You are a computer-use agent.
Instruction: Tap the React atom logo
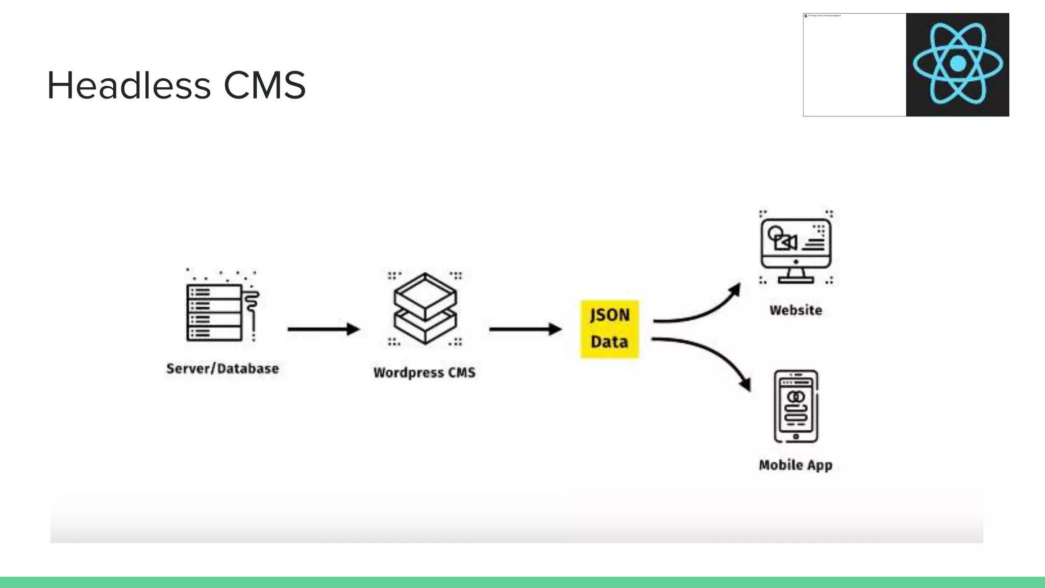coord(957,64)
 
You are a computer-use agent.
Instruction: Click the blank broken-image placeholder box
coord(854,65)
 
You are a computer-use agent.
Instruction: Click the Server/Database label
coord(222,369)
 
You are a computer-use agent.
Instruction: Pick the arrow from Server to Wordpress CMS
coord(324,329)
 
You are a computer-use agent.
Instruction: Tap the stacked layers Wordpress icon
coord(425,308)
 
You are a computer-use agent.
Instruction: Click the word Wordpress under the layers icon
coord(408,373)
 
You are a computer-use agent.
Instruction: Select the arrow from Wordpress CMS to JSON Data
coord(525,329)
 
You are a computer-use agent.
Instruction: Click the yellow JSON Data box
coord(609,329)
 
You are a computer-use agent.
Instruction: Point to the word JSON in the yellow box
coord(609,315)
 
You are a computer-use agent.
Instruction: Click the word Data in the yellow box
coord(609,342)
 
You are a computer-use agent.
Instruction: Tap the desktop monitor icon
coord(795,248)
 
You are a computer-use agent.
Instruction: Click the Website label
coord(795,310)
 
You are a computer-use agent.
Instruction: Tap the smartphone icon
coord(795,406)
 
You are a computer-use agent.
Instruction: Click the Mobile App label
coord(795,465)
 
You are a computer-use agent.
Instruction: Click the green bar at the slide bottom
coord(522,582)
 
